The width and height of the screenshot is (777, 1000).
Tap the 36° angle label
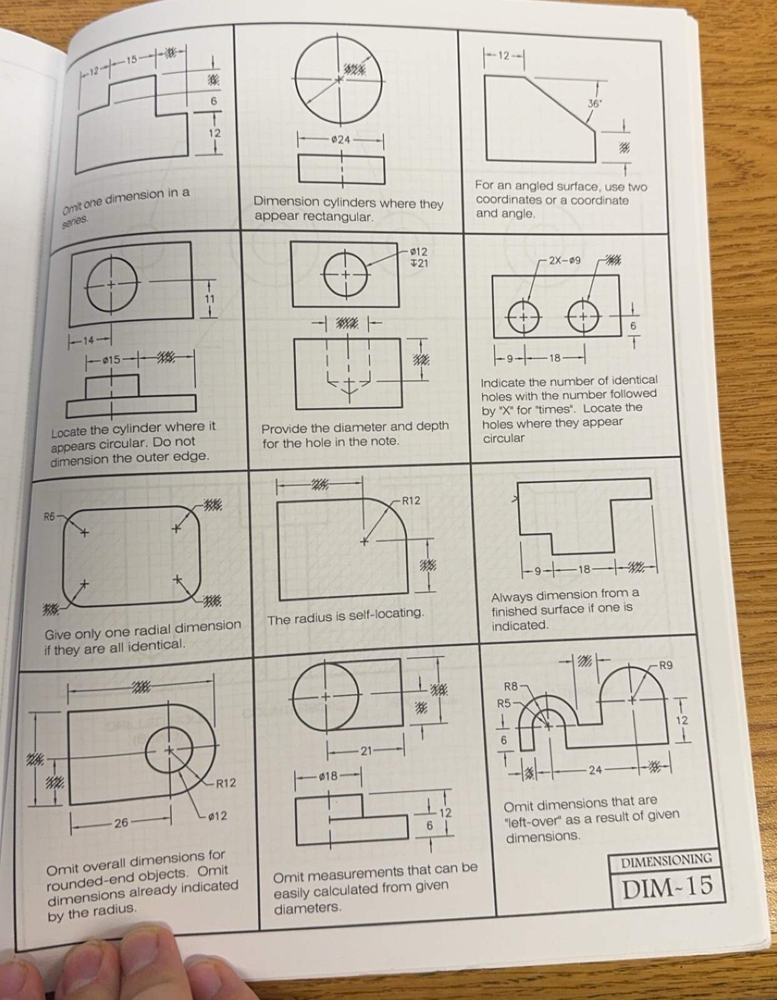[x=593, y=104]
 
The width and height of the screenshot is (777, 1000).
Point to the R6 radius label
[x=49, y=516]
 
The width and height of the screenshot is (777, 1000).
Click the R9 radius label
[x=666, y=665]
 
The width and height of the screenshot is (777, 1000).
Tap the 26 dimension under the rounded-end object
[x=121, y=822]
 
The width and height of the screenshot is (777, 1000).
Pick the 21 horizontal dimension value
[x=366, y=751]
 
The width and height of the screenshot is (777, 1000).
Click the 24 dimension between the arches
[x=595, y=770]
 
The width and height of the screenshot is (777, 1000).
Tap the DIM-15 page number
[x=667, y=886]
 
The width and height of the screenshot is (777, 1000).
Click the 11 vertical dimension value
[x=210, y=299]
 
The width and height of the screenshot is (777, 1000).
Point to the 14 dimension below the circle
[x=88, y=341]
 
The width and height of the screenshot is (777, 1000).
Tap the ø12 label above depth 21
[x=418, y=252]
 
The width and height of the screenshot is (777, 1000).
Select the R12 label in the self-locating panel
[x=410, y=501]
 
